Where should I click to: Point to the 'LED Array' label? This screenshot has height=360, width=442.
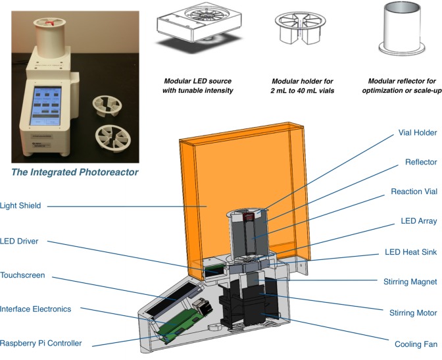pos(418,221)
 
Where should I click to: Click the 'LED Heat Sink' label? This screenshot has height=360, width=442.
pos(410,252)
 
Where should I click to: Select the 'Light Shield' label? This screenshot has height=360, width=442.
pos(21,206)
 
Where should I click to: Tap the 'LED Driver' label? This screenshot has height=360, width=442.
pos(20,241)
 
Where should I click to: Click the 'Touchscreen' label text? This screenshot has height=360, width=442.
pos(22,275)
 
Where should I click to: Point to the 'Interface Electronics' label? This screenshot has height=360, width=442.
pos(36,309)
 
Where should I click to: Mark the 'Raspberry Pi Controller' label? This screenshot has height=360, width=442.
pos(41,343)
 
